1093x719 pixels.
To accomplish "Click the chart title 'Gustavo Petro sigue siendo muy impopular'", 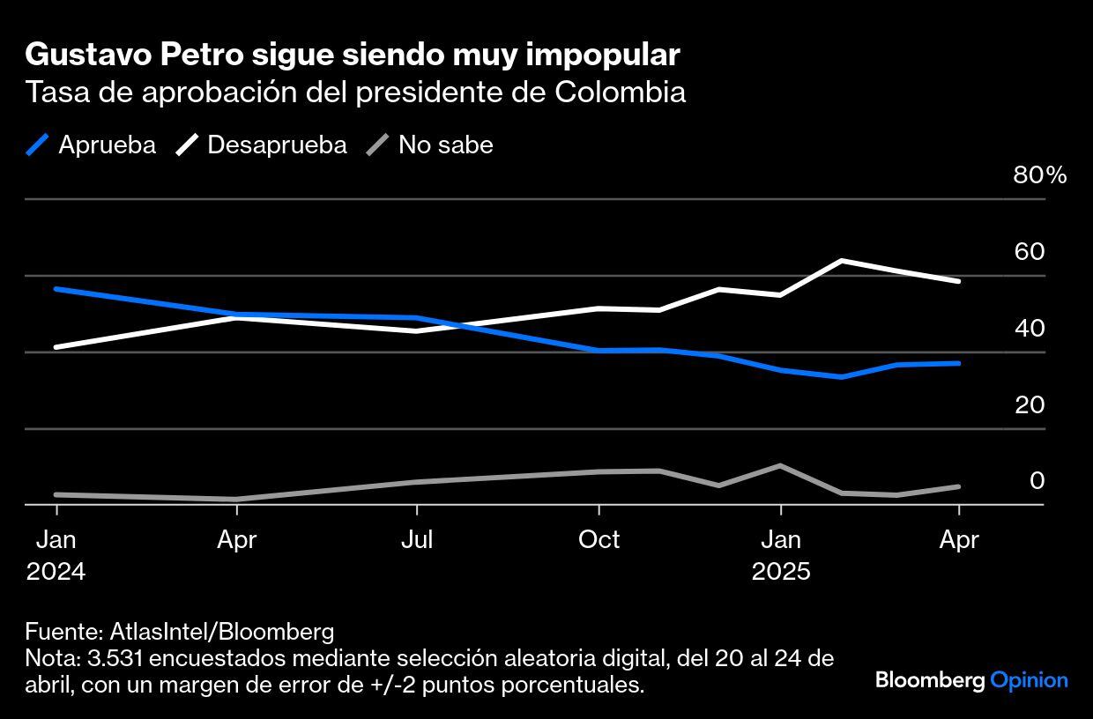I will (x=353, y=56).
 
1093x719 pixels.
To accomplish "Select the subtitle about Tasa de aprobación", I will (x=355, y=93).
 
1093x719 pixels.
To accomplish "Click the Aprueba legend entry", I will (x=92, y=145).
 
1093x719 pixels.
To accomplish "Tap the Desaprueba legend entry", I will (x=262, y=145).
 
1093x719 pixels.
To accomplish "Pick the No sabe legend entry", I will (x=430, y=145).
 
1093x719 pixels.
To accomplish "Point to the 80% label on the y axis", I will (x=1040, y=175).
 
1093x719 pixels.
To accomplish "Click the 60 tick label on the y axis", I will (x=1029, y=252).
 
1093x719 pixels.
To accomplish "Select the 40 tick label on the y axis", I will (x=1029, y=329).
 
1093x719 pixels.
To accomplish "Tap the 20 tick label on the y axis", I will (x=1029, y=405).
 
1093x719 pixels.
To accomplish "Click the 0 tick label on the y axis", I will (x=1037, y=481).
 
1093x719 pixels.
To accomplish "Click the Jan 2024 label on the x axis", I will (x=56, y=555).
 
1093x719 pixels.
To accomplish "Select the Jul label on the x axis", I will (x=416, y=539).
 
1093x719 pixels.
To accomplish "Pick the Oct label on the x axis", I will (x=599, y=539).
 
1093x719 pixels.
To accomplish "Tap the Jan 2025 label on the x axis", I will (x=780, y=555).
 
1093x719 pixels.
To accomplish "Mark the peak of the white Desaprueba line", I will (x=842, y=261).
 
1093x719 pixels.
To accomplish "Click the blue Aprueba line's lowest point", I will (x=842, y=377).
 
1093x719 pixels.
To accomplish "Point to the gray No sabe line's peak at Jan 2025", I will (x=780, y=465).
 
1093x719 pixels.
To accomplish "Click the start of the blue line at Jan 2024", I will (x=56, y=289).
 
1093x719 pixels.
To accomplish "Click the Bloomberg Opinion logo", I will (x=971, y=680).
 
